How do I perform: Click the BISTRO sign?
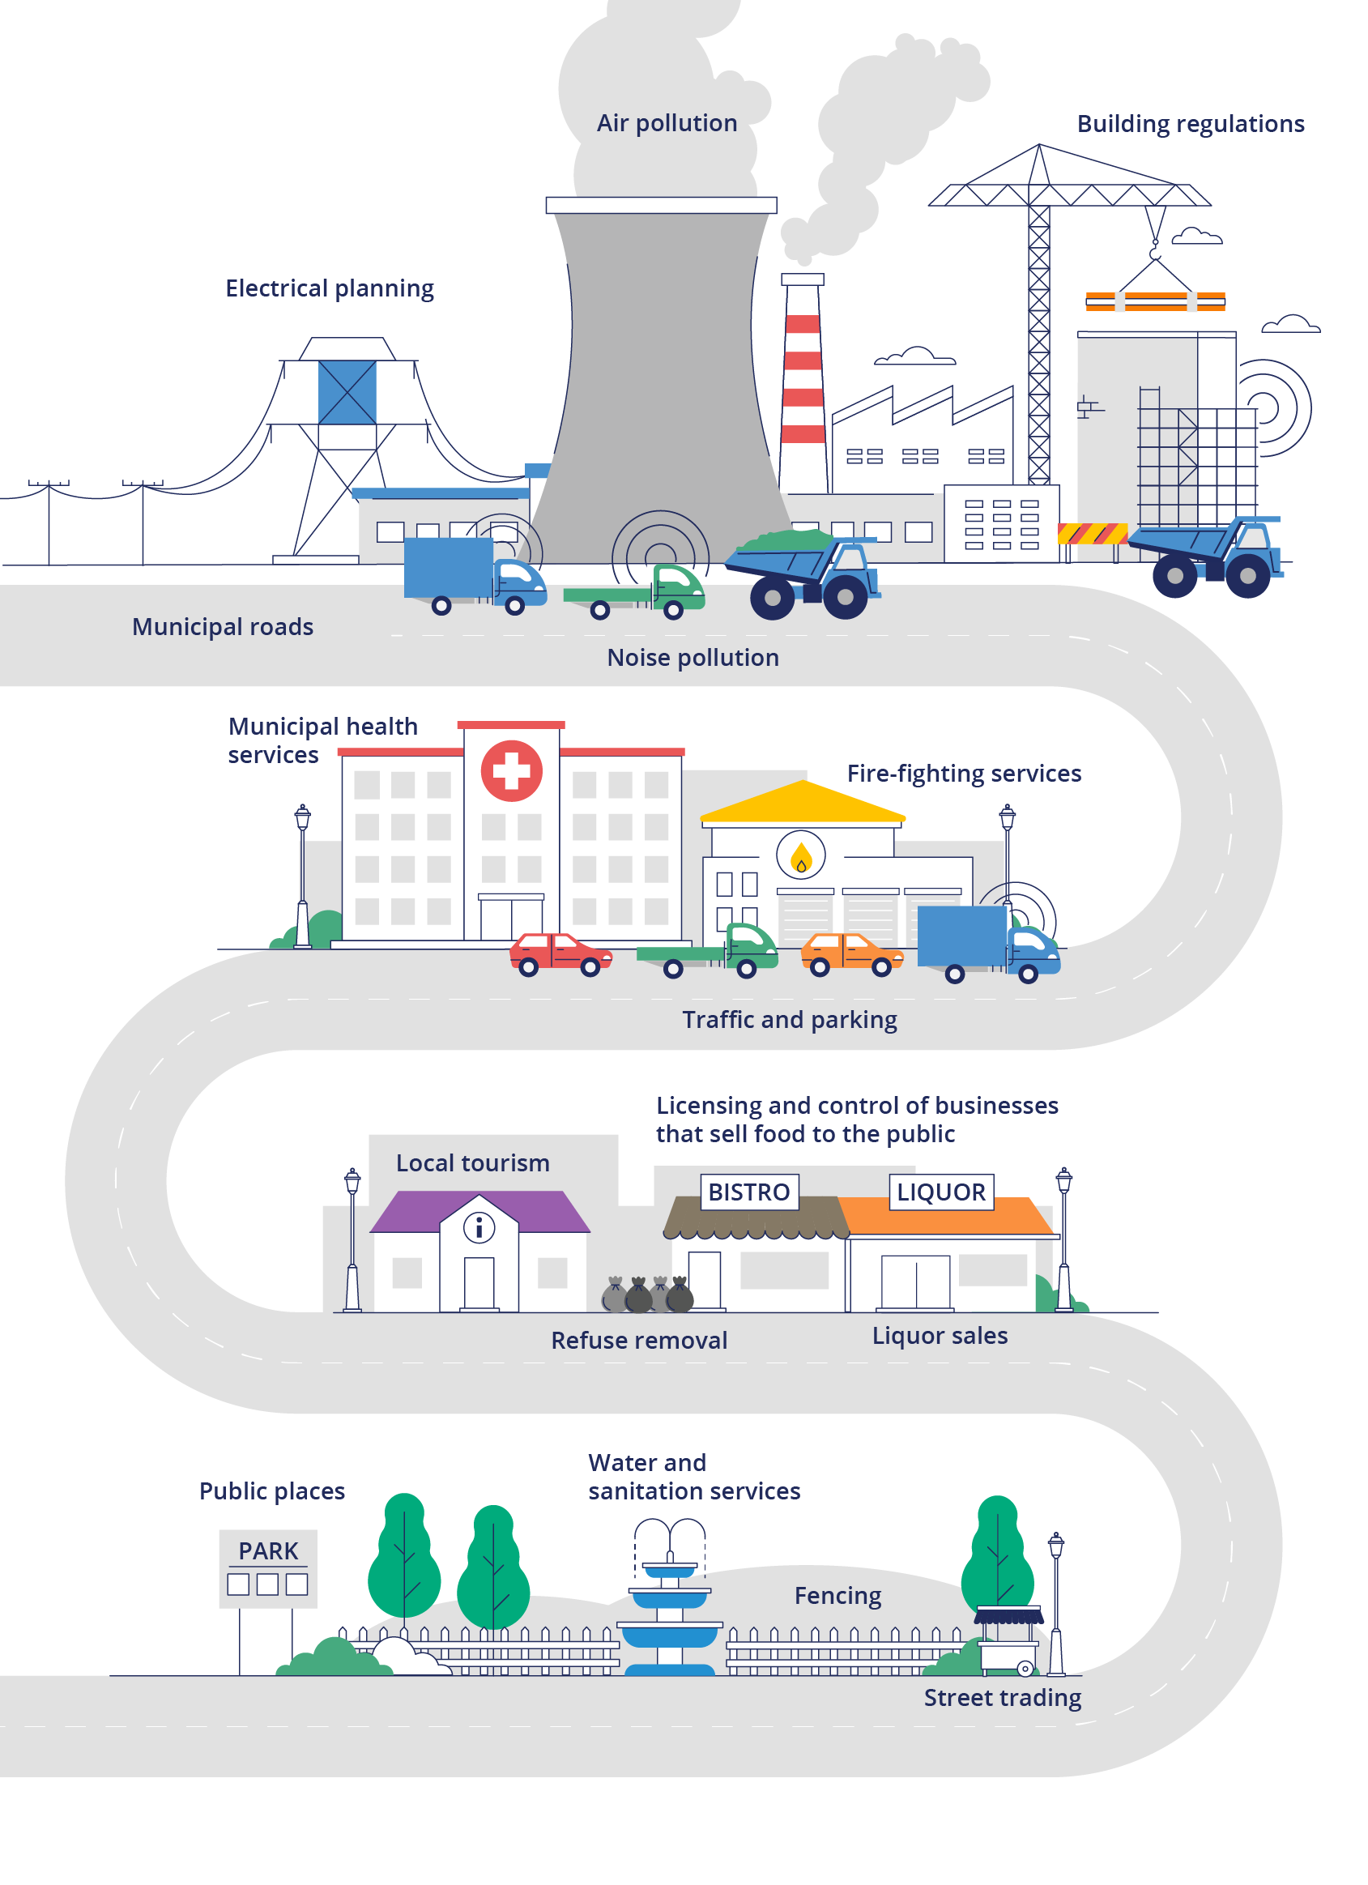[x=749, y=1192]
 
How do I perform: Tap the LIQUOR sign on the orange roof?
[x=941, y=1192]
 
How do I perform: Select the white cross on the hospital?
[x=511, y=770]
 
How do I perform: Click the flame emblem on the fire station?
[x=800, y=856]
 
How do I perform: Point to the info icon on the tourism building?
[x=479, y=1227]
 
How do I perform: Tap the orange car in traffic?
[x=850, y=953]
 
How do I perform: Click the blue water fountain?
[x=669, y=1612]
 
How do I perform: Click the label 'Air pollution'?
[x=667, y=123]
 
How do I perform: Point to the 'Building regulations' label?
[x=1190, y=124]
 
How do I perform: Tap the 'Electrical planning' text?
[x=329, y=288]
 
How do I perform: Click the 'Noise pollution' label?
[x=693, y=658]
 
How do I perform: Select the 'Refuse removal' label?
[x=638, y=1340]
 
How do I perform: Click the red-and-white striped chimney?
[x=803, y=382]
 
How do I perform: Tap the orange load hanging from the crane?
[x=1154, y=301]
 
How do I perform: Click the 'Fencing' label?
[x=837, y=1596]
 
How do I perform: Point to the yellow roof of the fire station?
[x=802, y=802]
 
